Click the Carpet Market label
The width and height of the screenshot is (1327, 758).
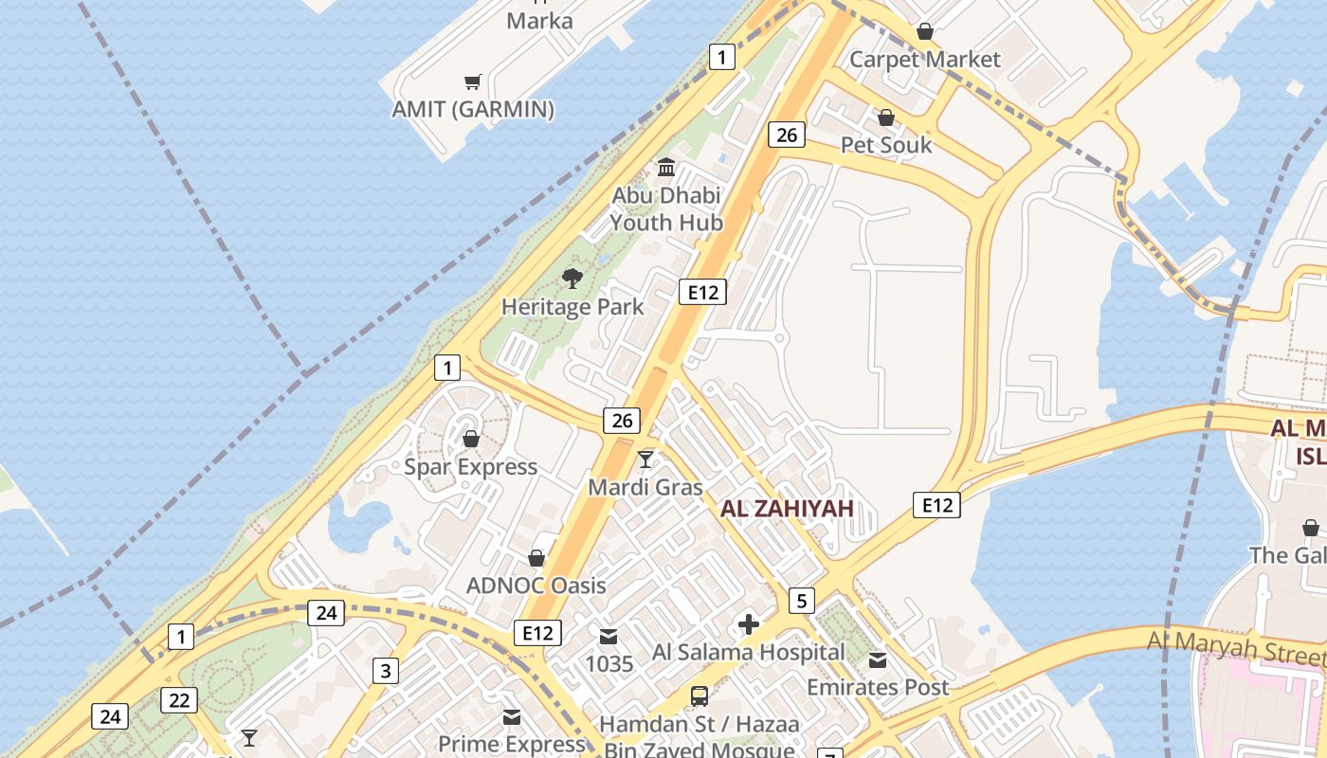(x=924, y=59)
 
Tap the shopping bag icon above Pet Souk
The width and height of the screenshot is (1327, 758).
(x=885, y=117)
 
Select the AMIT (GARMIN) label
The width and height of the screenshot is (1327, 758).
(x=473, y=109)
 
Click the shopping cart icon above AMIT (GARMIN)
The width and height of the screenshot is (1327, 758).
(x=472, y=82)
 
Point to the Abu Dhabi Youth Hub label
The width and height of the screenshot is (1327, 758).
(x=666, y=209)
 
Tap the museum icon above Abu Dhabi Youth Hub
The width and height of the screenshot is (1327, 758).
(x=666, y=168)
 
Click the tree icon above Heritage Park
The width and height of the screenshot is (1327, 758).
(x=572, y=278)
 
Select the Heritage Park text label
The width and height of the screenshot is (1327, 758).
(x=572, y=306)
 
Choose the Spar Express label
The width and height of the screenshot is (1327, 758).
(x=471, y=466)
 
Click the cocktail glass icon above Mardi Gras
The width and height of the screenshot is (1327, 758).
(x=645, y=459)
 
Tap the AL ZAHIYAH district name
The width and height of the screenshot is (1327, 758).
(x=787, y=509)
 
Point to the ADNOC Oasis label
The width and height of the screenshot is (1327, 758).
(x=536, y=585)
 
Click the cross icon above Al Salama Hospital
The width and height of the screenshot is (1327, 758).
(x=749, y=623)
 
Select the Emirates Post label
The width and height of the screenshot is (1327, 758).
(x=878, y=687)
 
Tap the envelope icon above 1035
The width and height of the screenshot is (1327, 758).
(x=608, y=636)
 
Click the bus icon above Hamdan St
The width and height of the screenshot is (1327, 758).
(x=700, y=696)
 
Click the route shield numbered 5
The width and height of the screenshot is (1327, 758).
(x=802, y=600)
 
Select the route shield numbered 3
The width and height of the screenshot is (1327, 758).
(x=385, y=671)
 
